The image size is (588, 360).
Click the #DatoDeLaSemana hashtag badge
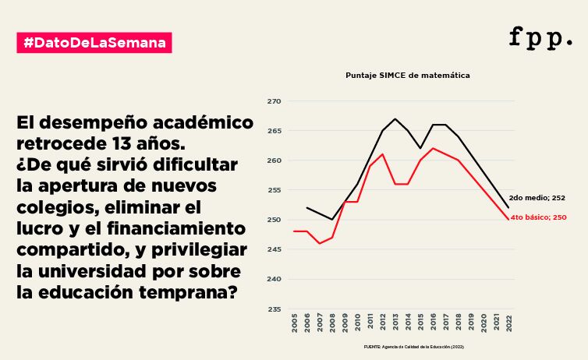point(94,42)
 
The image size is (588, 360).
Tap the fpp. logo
point(540,37)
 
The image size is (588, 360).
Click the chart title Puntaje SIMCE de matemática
point(408,76)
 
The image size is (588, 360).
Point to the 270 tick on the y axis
point(274,101)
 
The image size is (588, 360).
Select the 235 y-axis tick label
point(274,309)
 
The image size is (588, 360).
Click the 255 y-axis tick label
point(274,190)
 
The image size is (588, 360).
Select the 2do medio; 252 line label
point(537,199)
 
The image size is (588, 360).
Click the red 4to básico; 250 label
point(538,217)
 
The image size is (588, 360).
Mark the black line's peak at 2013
point(395,119)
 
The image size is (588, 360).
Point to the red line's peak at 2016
point(433,148)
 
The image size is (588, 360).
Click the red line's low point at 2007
point(320,243)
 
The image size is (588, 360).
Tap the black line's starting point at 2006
point(307,208)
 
